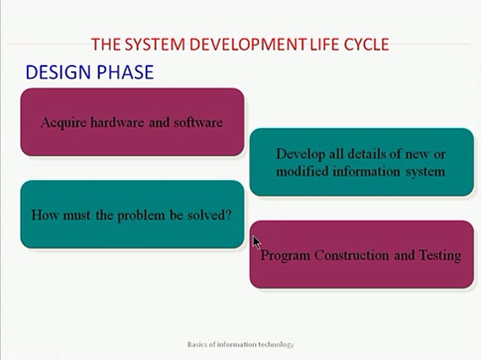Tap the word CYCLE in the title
click(366, 44)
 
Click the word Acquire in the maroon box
click(63, 122)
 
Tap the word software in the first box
click(197, 122)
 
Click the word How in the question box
click(42, 215)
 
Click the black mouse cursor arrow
click(256, 242)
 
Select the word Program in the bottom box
click(285, 255)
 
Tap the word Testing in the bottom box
click(439, 255)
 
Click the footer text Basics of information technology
click(240, 344)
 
